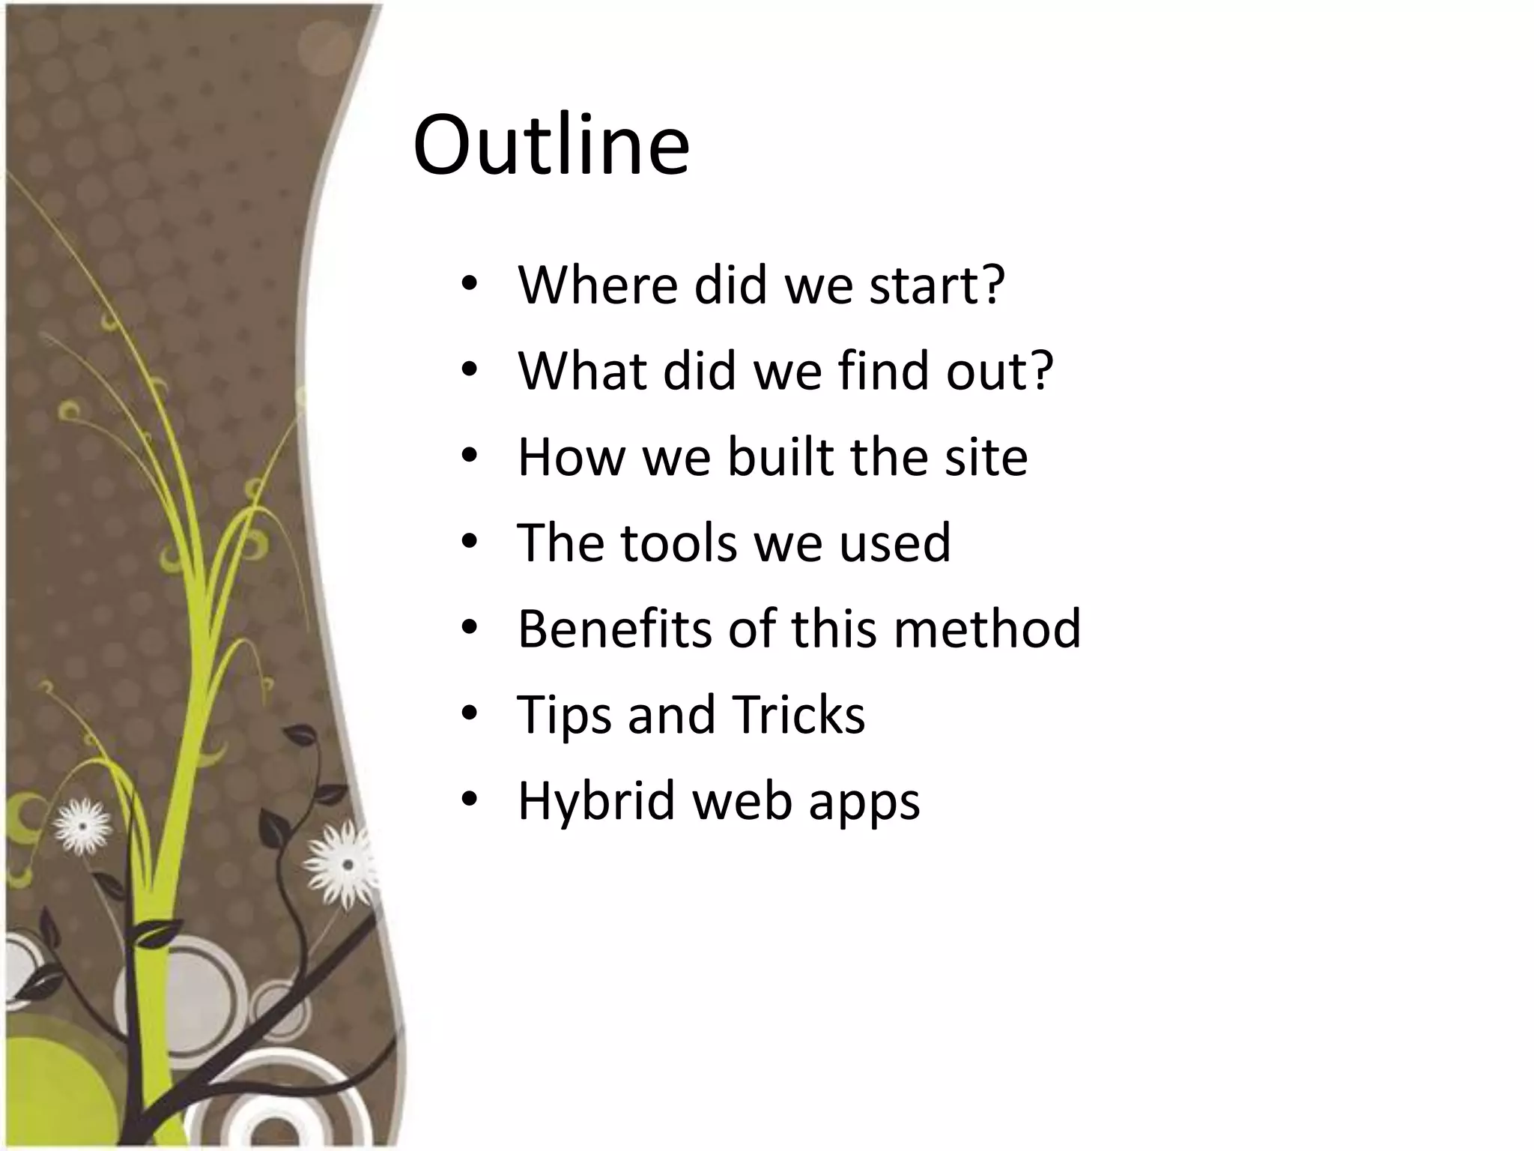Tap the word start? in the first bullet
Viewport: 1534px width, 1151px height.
[936, 286]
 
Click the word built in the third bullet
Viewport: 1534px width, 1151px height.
[780, 456]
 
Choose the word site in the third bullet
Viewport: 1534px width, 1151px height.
[986, 456]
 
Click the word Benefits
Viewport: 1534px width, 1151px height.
[614, 628]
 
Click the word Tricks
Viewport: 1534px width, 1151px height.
[798, 714]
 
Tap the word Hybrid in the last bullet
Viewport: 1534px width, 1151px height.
[596, 800]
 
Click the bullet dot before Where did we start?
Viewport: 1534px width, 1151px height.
[469, 286]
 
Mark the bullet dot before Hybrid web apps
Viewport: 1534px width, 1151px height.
[469, 800]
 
